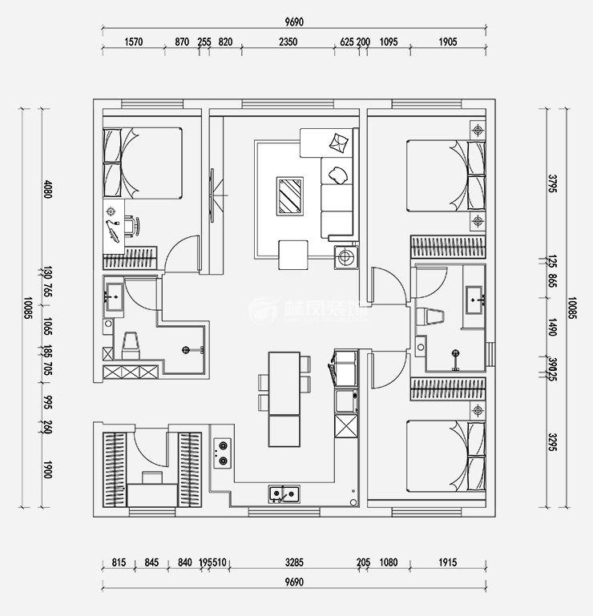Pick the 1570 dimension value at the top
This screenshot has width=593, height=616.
[133, 42]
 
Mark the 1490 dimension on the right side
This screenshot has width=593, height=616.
[551, 324]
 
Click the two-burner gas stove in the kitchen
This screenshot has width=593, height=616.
[220, 453]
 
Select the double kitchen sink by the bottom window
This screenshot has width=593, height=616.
[284, 493]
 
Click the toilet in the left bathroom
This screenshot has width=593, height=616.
[131, 344]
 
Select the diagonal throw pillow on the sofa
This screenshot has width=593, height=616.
[340, 143]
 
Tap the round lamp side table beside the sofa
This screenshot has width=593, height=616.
[346, 258]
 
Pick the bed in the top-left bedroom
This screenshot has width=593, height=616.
[144, 163]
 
